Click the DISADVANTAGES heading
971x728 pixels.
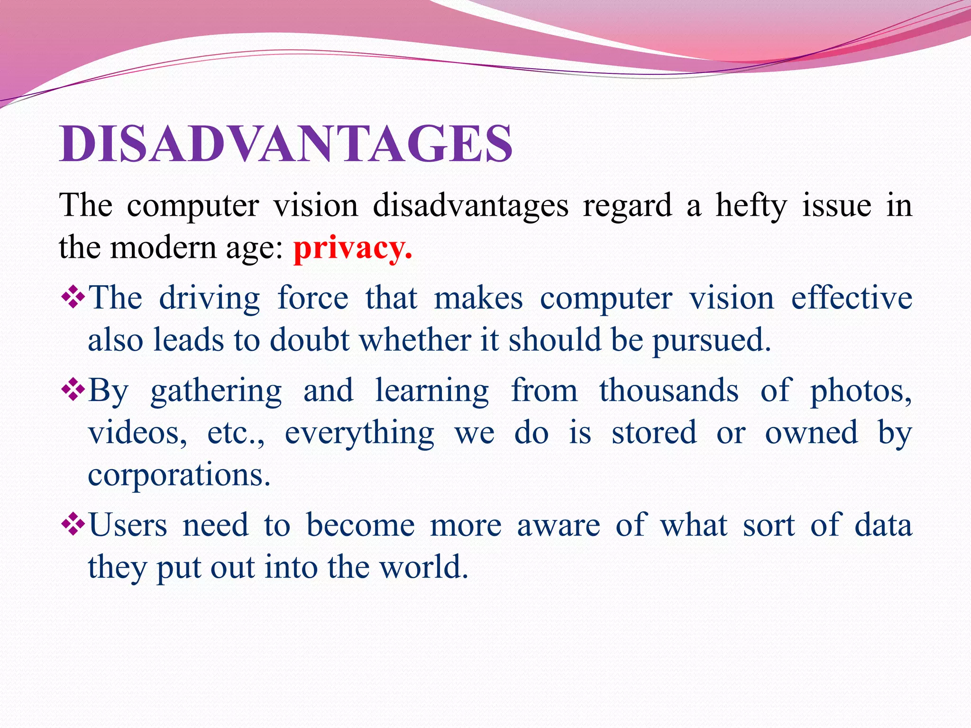[x=286, y=144]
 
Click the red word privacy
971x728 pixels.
[x=352, y=248]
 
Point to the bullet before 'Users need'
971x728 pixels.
[x=73, y=525]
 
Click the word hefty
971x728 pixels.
[x=751, y=206]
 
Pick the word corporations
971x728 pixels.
[x=179, y=475]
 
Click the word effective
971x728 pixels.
[x=852, y=299]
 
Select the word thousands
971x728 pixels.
[x=669, y=391]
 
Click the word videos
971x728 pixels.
[x=137, y=433]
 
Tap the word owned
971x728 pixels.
[x=811, y=433]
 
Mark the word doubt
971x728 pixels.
[x=310, y=340]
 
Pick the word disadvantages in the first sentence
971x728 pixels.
[x=470, y=206]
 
